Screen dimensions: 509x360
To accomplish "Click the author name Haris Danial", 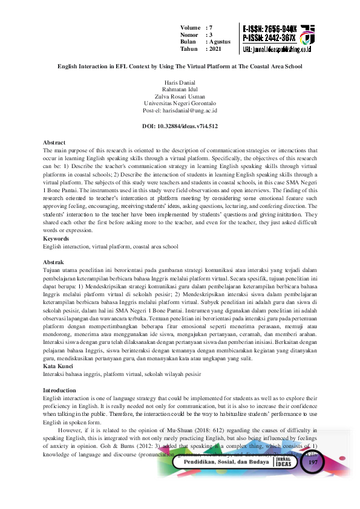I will tap(180, 82).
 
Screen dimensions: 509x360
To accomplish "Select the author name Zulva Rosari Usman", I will tap(180, 96).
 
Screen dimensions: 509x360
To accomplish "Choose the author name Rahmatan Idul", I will tap(180, 89).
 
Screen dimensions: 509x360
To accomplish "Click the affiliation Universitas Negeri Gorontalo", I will tap(180, 103).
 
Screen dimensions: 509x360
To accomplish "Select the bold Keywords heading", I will tap(56, 239).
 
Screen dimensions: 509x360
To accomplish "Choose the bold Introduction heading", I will tap(59, 391).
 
